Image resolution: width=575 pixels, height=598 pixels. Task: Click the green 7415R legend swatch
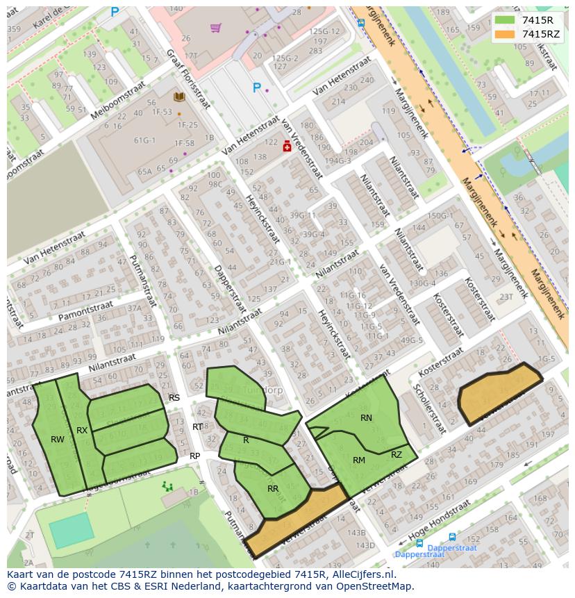pos(505,20)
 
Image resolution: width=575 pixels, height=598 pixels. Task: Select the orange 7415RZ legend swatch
pos(505,34)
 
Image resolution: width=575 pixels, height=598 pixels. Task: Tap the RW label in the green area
pos(58,440)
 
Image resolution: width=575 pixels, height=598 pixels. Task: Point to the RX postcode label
pos(82,431)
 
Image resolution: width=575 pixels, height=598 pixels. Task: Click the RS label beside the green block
pos(174,398)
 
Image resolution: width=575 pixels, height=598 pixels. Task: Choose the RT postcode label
pos(198,427)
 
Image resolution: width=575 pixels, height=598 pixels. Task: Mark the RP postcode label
pos(195,456)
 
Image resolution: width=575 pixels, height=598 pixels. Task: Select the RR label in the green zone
pos(273,489)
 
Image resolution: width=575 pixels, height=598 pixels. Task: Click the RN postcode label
pos(366,418)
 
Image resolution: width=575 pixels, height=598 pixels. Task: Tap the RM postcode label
pos(359,460)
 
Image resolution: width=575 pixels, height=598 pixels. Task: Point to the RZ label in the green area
pos(397,455)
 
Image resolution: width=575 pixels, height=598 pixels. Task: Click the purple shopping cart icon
pos(215,28)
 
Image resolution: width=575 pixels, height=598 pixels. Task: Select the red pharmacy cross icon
pos(286,147)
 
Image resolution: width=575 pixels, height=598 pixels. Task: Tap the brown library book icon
pos(179,97)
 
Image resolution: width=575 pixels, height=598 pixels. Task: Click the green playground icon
pos(167,486)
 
